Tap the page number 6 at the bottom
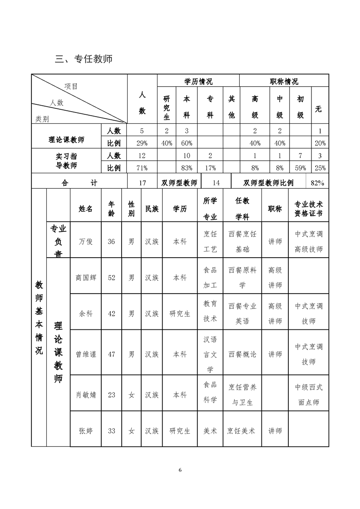(x=180, y=470)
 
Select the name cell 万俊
(x=85, y=242)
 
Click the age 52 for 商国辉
(x=111, y=278)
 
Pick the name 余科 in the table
(x=85, y=313)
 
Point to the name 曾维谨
(x=86, y=354)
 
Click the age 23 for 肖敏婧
(x=111, y=395)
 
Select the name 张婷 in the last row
(x=85, y=431)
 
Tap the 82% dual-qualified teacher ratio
(x=317, y=183)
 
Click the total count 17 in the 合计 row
(x=142, y=183)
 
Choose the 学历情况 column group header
(x=198, y=82)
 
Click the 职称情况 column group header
(x=284, y=82)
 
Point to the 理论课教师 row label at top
(x=66, y=139)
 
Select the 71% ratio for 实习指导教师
(x=142, y=168)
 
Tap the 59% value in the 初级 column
(x=300, y=168)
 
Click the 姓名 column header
(x=85, y=209)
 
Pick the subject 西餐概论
(x=242, y=354)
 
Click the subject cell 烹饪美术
(x=242, y=431)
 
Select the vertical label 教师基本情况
(x=39, y=318)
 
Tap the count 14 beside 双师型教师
(x=216, y=183)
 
